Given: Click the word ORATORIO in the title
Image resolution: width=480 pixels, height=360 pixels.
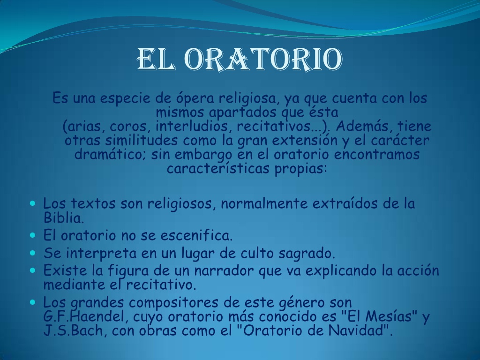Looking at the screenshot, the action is [x=264, y=60].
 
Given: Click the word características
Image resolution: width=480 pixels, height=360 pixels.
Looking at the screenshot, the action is [x=218, y=168].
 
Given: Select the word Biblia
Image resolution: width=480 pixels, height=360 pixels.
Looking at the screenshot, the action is [x=64, y=217].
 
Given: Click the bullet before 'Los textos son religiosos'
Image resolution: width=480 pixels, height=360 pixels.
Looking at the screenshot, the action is [x=33, y=203].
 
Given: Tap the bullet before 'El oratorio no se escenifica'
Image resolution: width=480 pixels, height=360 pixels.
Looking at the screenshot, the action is [x=33, y=235].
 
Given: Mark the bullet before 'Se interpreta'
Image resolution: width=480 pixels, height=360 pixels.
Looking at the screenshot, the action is [x=33, y=253].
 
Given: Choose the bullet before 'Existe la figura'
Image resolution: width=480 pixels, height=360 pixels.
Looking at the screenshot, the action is [x=33, y=270].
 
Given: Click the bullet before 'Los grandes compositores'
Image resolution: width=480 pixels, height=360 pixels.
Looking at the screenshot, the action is [x=33, y=302].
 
